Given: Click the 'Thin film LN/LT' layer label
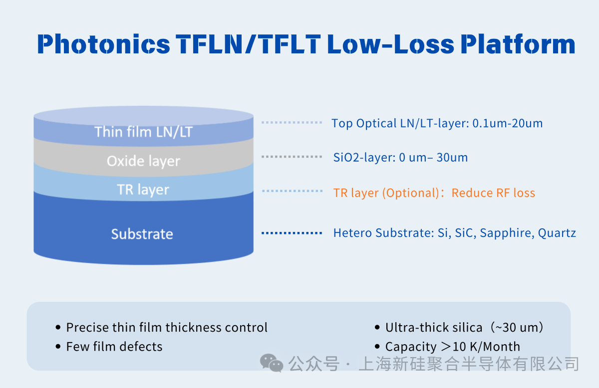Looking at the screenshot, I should coord(143,132).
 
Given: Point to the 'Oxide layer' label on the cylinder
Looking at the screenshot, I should coord(143,161).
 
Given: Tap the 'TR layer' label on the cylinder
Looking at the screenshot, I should coord(143,190).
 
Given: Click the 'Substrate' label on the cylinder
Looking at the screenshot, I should coord(142,234).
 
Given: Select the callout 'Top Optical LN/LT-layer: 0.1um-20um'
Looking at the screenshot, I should coord(437,123).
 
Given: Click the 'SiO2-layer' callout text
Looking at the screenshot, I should coord(365,158).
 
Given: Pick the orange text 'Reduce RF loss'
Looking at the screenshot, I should coord(493,193).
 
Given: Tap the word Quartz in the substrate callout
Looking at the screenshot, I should coord(557,233).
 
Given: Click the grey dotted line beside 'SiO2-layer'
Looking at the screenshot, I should coord(292,157).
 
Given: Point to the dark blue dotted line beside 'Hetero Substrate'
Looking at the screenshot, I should coord(292,233).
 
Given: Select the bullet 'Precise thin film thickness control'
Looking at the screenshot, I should coord(167,328).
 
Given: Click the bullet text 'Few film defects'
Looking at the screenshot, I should coord(114,347).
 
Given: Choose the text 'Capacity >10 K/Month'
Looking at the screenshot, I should coord(452,347).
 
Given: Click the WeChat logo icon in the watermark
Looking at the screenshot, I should coord(272,363).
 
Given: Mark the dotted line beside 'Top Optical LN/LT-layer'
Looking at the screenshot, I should coord(292,122).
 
